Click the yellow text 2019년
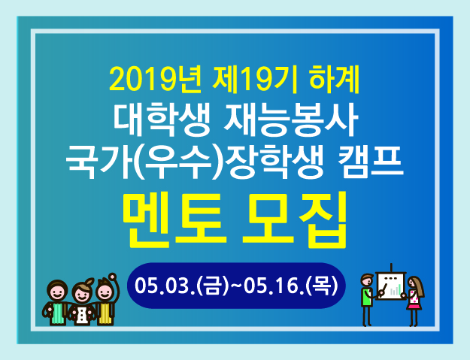(154, 80)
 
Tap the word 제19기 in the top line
(254, 80)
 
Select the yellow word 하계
(334, 80)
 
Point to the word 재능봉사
(290, 119)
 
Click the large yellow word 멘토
(175, 220)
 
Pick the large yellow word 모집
(295, 220)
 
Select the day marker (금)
(212, 286)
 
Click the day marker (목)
(321, 286)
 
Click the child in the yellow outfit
(107, 300)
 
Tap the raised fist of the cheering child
(113, 277)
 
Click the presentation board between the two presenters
(390, 285)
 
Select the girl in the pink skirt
(414, 301)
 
